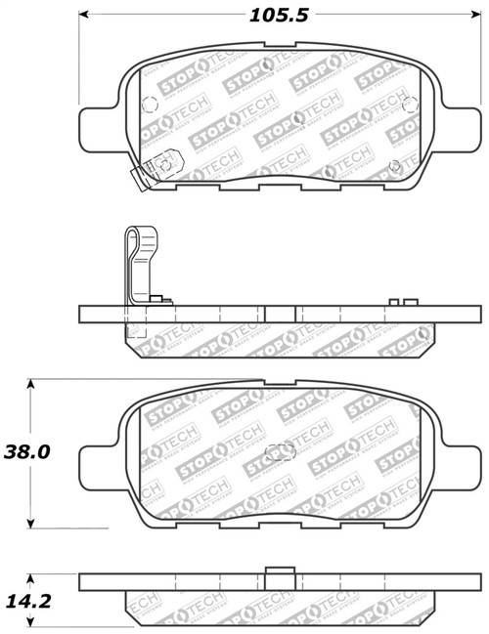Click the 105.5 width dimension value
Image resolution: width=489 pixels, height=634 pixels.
click(279, 16)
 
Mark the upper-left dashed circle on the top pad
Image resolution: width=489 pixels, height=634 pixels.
click(150, 106)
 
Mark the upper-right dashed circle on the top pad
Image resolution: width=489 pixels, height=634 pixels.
click(400, 98)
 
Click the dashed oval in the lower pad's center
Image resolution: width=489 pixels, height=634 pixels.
click(281, 451)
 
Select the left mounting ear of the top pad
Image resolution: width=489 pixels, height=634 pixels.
click(99, 122)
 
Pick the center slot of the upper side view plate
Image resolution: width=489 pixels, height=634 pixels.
click(281, 316)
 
